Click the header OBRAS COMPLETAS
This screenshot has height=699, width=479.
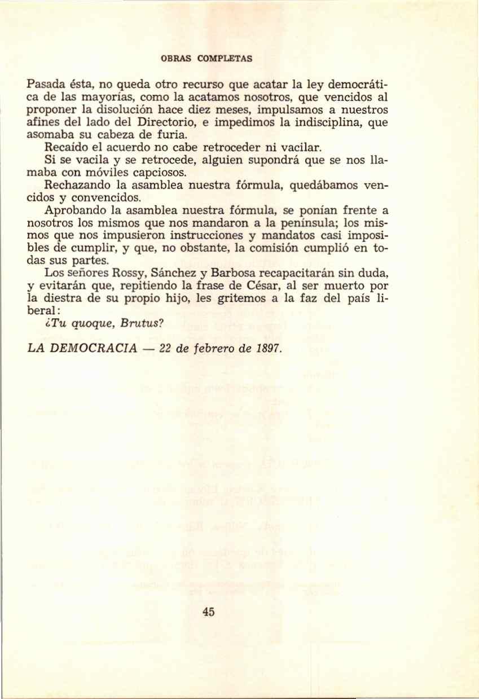point(207,58)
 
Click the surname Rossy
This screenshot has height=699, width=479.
point(130,274)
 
